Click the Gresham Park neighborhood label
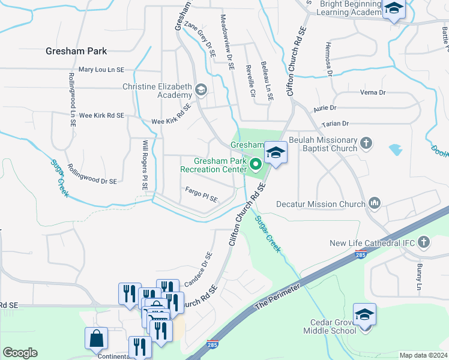pos(76,52)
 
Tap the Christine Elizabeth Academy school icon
pos(200,91)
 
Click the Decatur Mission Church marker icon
pos(375,204)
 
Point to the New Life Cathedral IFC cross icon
pos(424,242)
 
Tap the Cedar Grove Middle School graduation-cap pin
pos(364,315)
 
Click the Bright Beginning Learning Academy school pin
pos(394,9)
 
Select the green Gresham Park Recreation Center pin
pos(255,163)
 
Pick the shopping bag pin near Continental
pos(96,339)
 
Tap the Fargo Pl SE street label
pos(201,196)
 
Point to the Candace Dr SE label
pos(199,268)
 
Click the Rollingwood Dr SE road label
pos(92,175)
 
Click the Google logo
pos(20,353)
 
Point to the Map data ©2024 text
pos(423,355)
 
